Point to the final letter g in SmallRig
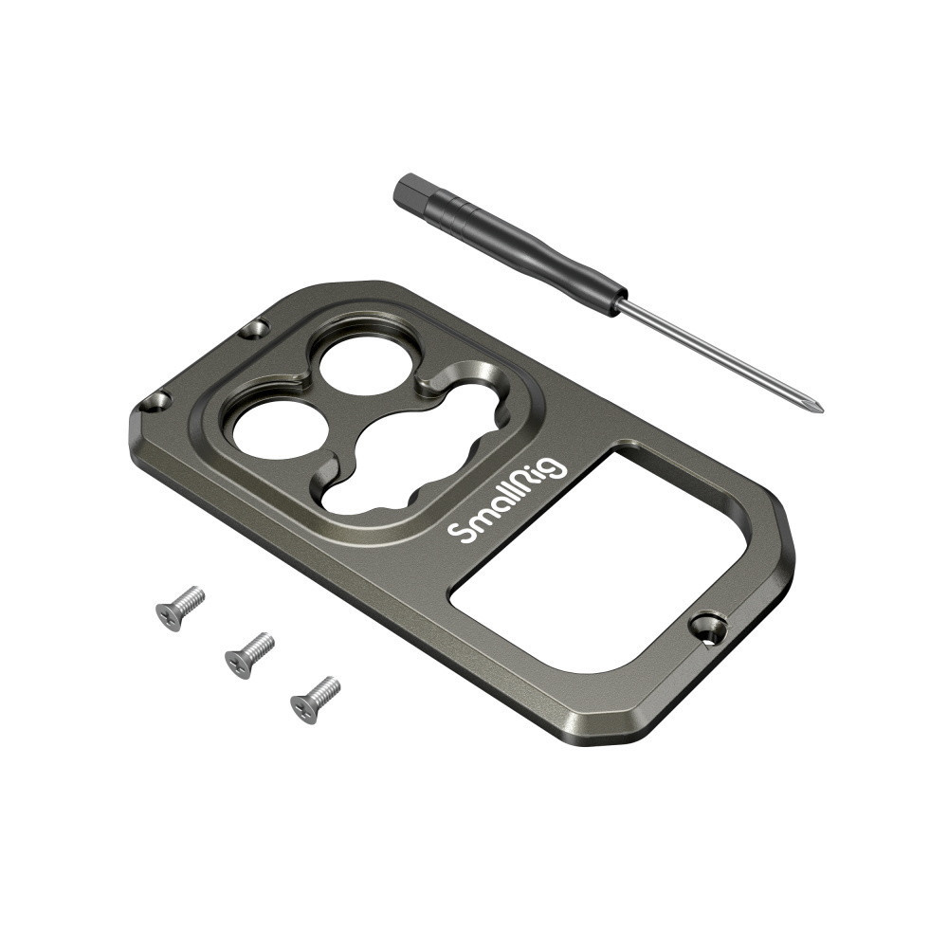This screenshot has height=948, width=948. point(554,466)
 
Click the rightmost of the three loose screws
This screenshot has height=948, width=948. point(315,700)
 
